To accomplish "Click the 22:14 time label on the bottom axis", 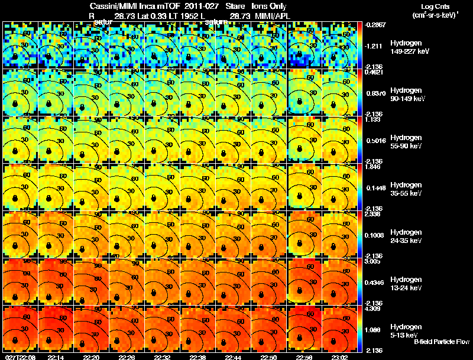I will point(56,357).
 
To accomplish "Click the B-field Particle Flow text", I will point(440,342).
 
